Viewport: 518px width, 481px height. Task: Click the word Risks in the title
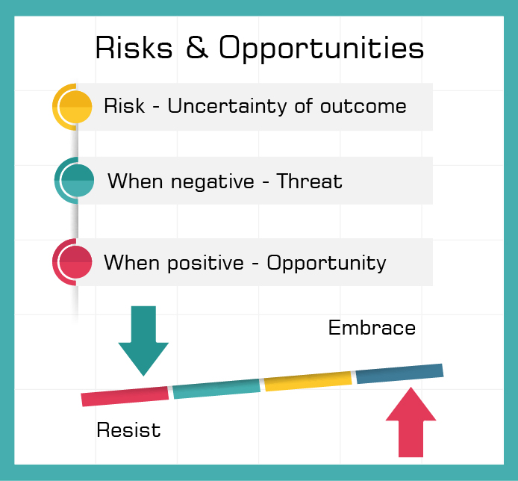click(134, 48)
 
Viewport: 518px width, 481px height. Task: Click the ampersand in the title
click(197, 47)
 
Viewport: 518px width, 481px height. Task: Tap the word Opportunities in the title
click(321, 49)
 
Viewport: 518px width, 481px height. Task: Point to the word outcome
click(363, 107)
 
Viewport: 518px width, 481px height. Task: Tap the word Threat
click(309, 181)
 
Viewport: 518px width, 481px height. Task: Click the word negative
click(213, 182)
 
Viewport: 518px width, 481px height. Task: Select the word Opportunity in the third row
click(326, 264)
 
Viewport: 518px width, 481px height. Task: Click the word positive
click(206, 264)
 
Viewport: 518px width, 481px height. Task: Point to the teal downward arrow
click(143, 341)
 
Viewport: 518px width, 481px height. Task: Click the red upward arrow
click(411, 422)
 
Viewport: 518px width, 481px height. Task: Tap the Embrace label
click(372, 328)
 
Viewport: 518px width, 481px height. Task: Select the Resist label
click(128, 430)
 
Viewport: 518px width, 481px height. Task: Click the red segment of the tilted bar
click(125, 397)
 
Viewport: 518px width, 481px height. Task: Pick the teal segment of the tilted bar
click(216, 389)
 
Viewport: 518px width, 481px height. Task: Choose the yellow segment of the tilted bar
click(308, 381)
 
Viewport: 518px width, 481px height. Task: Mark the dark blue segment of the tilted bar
click(400, 374)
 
